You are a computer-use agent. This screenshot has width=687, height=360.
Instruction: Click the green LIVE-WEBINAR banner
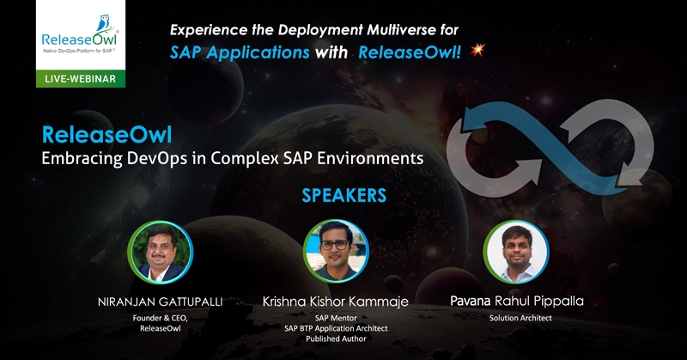tap(81, 79)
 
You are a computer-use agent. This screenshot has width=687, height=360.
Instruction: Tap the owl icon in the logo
tap(104, 23)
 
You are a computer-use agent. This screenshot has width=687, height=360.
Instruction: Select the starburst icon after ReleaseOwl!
tap(477, 50)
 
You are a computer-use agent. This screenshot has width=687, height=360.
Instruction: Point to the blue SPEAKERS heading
tap(344, 196)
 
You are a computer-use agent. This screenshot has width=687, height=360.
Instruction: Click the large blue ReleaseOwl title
tap(106, 135)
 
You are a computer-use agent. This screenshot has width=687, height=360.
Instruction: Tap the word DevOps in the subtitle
tap(157, 158)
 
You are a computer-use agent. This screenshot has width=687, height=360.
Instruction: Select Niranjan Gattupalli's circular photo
tap(161, 253)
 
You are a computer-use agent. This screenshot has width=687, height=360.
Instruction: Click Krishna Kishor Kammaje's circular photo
tap(336, 251)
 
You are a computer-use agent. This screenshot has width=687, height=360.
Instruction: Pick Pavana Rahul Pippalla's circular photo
tap(516, 252)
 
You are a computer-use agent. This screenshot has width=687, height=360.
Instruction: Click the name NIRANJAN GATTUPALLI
tap(161, 302)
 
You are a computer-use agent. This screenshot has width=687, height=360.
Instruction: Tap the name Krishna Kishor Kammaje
tap(336, 302)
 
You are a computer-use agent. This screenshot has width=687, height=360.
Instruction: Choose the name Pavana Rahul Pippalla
tap(517, 302)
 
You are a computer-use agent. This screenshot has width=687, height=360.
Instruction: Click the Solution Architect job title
tap(520, 318)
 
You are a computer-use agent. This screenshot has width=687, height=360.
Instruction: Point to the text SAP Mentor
tap(336, 318)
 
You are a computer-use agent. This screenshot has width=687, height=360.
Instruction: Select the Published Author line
tap(336, 339)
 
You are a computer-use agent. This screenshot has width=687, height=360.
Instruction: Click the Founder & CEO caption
tap(161, 318)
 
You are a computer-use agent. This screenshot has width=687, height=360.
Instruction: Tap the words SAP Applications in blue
tap(240, 52)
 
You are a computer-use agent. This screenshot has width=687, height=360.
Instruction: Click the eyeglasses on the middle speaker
tap(335, 245)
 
